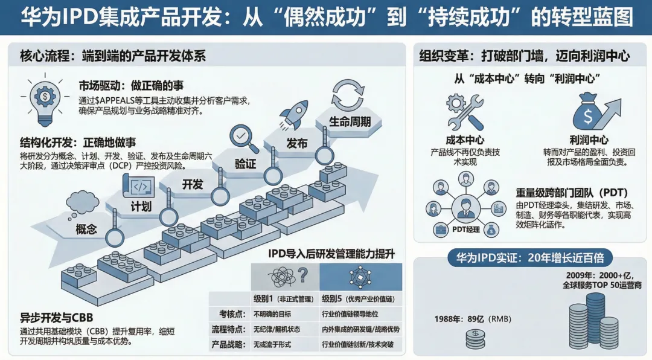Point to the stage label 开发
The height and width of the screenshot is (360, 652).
[x=193, y=184]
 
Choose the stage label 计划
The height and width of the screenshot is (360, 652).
[x=141, y=207]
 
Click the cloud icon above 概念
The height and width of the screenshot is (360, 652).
[x=84, y=202]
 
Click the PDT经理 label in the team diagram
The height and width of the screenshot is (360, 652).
[x=465, y=230]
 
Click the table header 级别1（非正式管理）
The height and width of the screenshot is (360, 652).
[x=282, y=299]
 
